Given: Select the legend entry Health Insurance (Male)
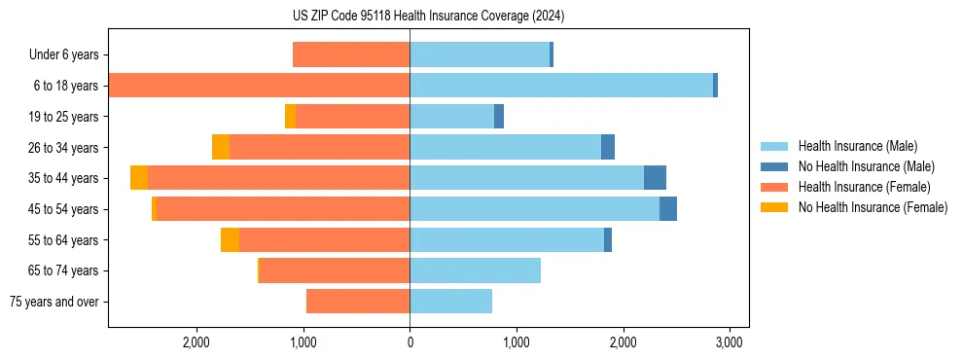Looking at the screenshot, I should (x=857, y=146).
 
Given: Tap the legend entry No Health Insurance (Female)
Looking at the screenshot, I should (x=873, y=207).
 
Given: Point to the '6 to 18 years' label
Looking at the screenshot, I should (x=65, y=86).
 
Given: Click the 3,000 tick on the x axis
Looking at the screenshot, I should (x=730, y=342).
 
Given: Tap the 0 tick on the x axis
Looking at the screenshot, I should (x=410, y=342).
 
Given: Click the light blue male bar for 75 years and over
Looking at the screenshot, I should (x=450, y=302).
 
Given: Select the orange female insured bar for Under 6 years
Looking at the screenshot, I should (x=351, y=54).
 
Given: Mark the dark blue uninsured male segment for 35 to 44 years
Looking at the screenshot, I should (x=655, y=178).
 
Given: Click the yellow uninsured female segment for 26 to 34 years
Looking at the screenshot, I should (x=221, y=147).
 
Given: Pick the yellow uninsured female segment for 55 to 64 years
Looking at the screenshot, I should (x=230, y=239).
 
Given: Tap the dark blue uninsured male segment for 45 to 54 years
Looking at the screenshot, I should (x=668, y=209).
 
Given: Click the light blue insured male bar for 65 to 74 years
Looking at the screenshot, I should (x=475, y=270).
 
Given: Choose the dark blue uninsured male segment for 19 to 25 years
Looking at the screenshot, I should (x=499, y=117).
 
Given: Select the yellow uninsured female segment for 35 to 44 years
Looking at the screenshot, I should (x=139, y=178).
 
